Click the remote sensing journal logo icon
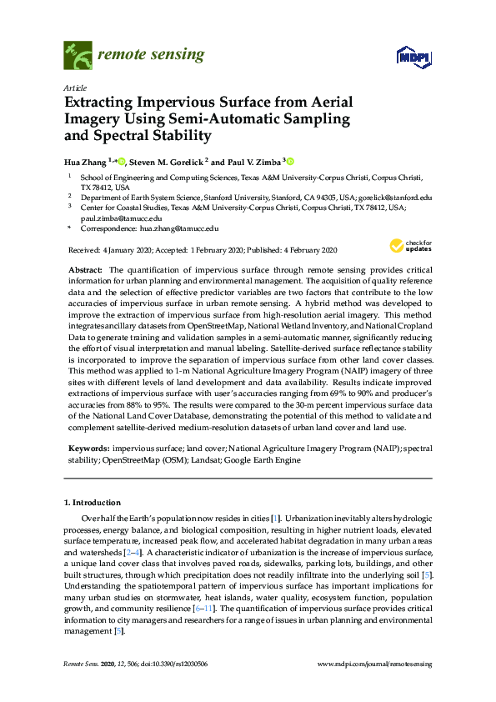point(78,56)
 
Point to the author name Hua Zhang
point(86,162)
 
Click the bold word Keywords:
point(88,449)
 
